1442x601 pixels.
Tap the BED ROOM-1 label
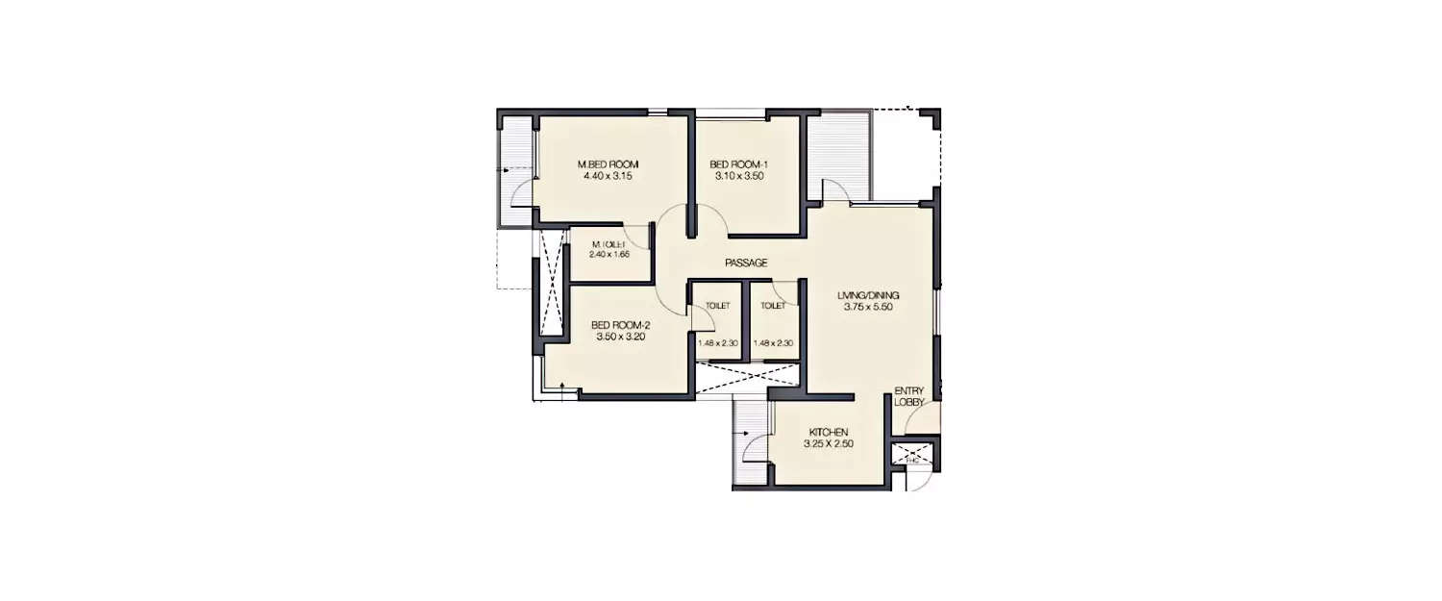coord(738,163)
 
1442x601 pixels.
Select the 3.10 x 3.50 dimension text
coord(738,176)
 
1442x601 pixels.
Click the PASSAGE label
coord(745,263)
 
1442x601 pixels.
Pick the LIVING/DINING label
coord(868,295)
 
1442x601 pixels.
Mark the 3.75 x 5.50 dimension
coord(868,308)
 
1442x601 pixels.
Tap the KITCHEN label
coord(829,432)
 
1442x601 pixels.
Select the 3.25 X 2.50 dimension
coord(829,444)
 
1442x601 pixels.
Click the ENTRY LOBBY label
coord(908,395)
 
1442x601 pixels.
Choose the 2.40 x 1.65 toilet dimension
coord(609,255)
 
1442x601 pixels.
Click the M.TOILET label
coord(609,243)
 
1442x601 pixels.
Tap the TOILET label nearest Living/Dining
coord(773,306)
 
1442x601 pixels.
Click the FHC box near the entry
coord(912,459)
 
